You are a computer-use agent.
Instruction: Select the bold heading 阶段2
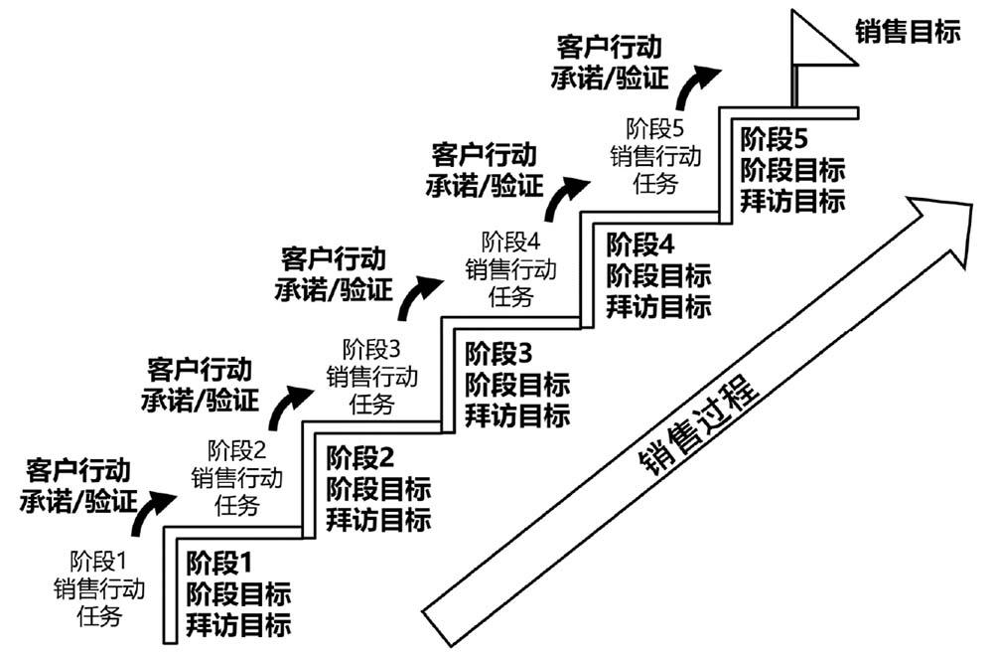(359, 457)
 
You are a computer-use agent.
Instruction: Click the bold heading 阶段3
(499, 352)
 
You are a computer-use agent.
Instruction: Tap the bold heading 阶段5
(775, 137)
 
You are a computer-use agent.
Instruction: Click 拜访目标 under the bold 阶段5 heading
(792, 200)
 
